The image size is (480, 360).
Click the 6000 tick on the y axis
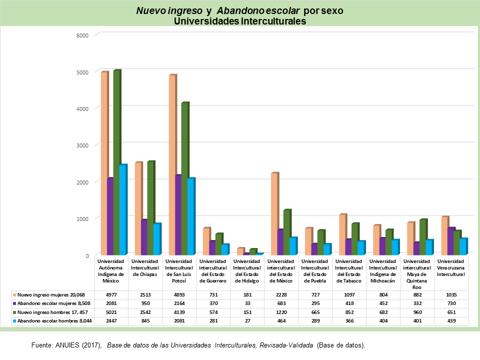(x=82, y=35)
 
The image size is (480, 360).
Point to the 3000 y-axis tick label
(x=82, y=145)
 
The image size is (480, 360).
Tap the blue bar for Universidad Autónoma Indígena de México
(x=122, y=210)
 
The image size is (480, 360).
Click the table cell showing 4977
(x=111, y=294)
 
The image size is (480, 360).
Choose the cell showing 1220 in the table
(x=281, y=312)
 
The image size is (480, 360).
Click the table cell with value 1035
(x=451, y=294)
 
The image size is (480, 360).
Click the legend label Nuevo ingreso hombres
(x=45, y=312)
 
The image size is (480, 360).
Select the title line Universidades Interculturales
(x=240, y=21)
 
